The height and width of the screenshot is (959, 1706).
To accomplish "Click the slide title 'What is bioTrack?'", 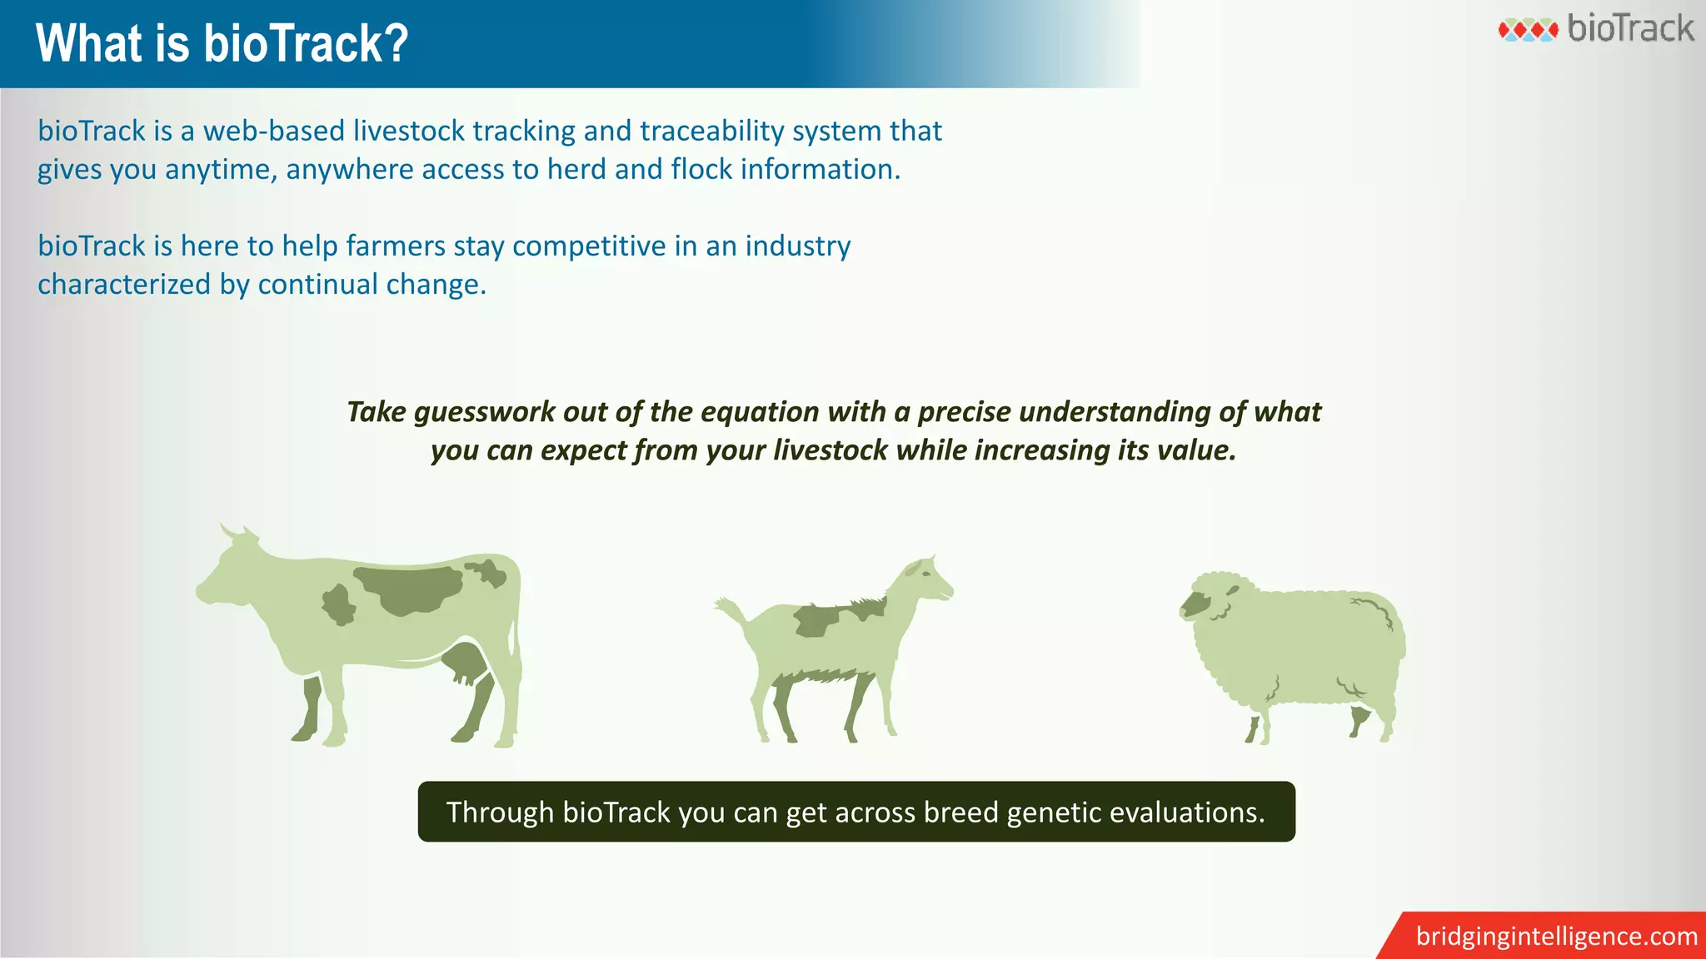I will pos(222,43).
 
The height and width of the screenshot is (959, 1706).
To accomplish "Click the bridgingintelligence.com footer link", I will pos(1556,937).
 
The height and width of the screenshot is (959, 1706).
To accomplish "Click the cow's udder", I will pos(465,663).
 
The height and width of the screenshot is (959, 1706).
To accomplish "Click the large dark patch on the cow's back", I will pos(408,589).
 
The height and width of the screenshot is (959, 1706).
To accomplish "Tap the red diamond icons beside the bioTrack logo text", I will pos(1528,31).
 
